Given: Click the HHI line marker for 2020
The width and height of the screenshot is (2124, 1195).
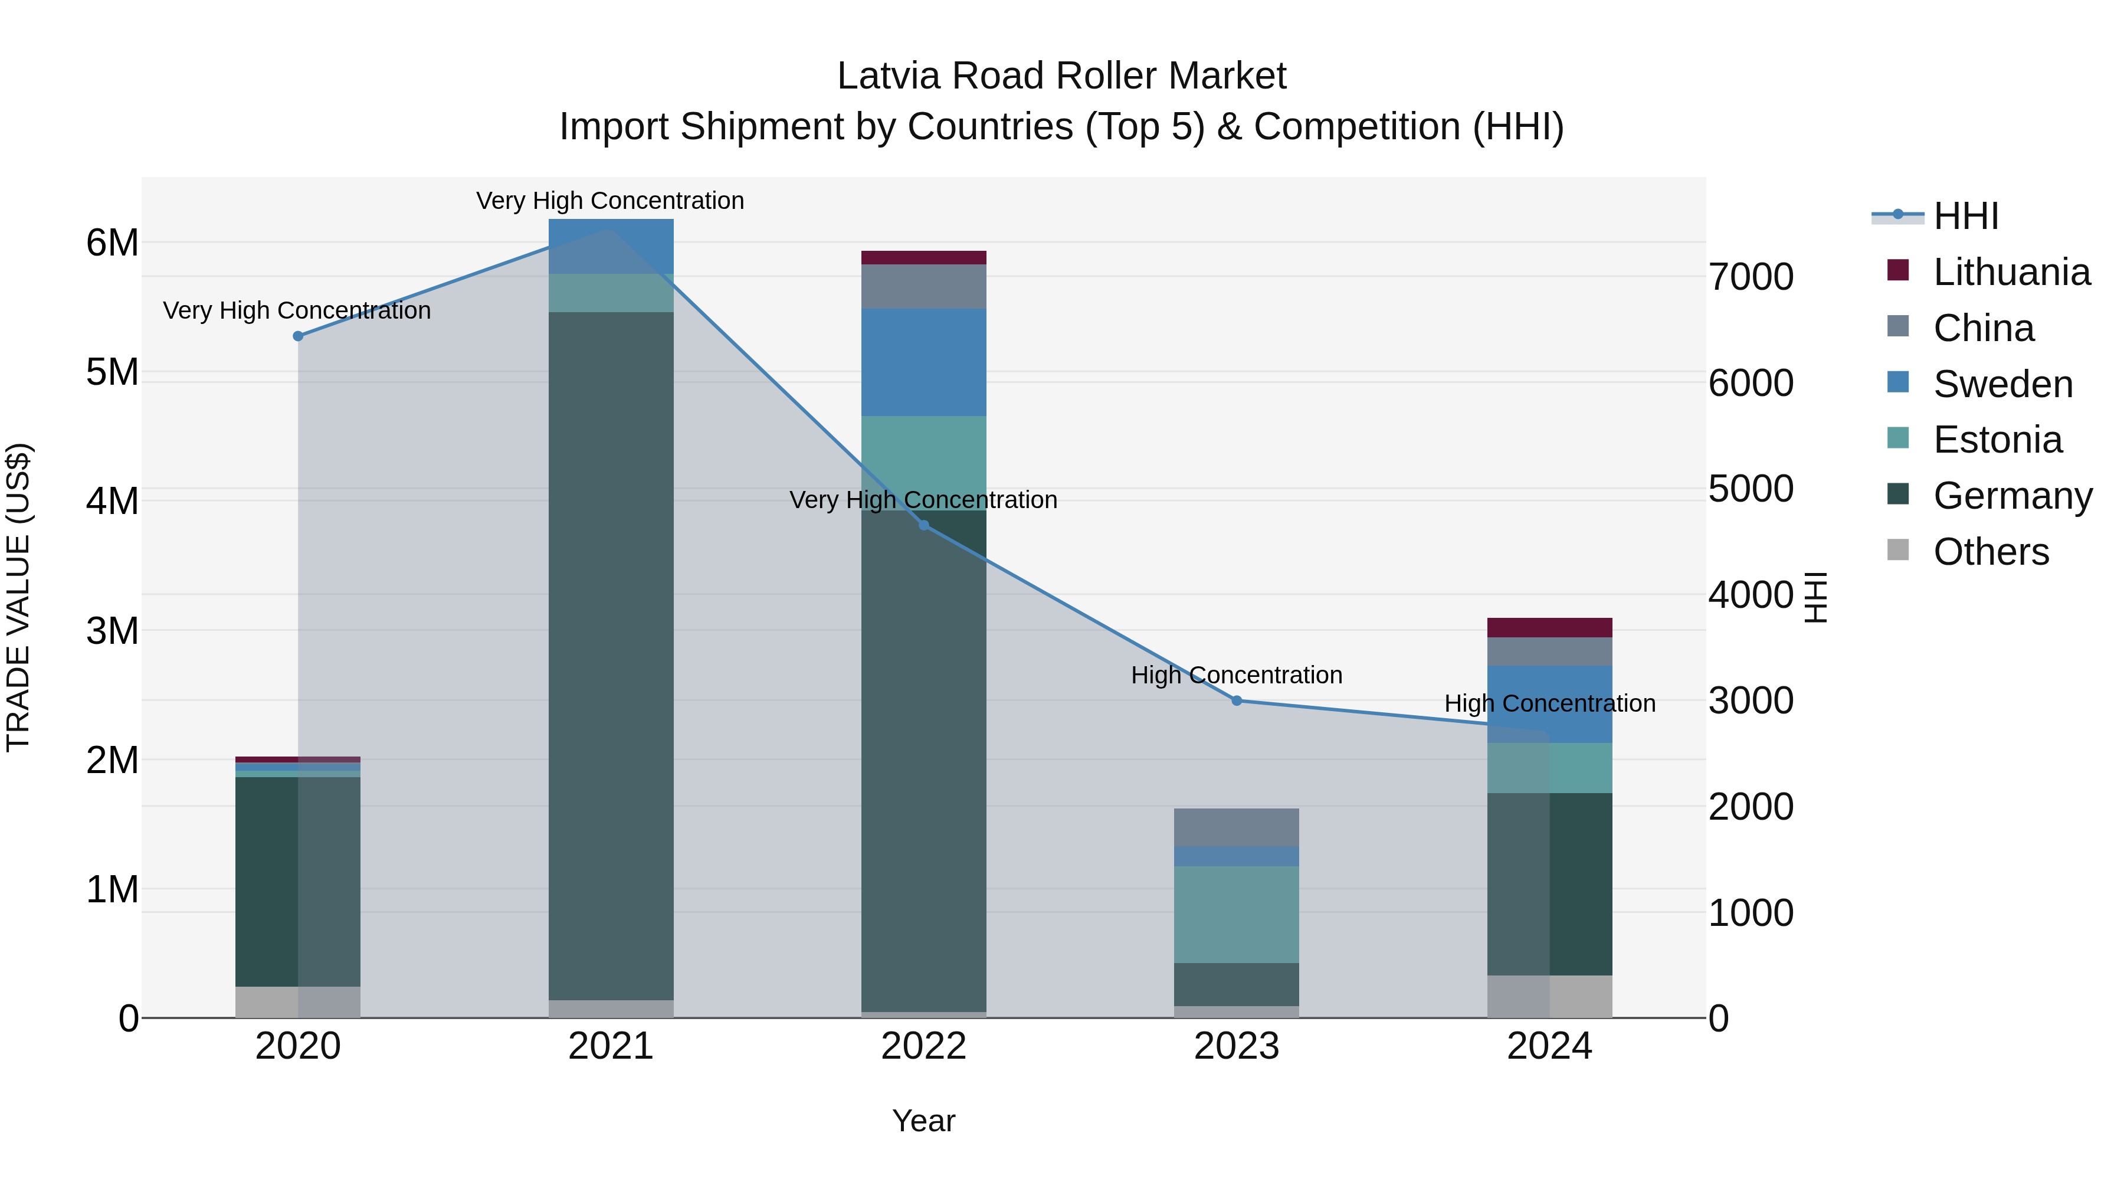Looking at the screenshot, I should click(x=299, y=336).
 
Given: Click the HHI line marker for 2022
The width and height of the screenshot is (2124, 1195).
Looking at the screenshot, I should click(x=923, y=525).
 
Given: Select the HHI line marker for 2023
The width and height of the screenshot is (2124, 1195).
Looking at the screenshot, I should click(x=1236, y=700).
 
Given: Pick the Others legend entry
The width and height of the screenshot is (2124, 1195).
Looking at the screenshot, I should click(x=1991, y=552).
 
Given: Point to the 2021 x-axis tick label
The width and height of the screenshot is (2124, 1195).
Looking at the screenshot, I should click(x=611, y=1046).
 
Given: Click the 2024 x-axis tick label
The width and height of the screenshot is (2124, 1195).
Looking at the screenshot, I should click(x=1549, y=1046).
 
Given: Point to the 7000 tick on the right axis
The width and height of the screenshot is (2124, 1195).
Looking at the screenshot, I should click(x=1751, y=277).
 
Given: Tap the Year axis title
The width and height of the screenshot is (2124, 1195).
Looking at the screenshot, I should click(x=923, y=1121).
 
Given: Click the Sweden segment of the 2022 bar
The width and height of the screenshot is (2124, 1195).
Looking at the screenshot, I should click(x=923, y=362).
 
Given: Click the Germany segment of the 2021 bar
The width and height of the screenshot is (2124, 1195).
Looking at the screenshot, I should click(x=611, y=656).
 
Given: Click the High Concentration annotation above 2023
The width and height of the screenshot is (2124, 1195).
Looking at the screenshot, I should click(x=1236, y=675).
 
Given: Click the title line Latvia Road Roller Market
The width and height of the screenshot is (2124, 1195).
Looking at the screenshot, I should click(x=1061, y=76).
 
